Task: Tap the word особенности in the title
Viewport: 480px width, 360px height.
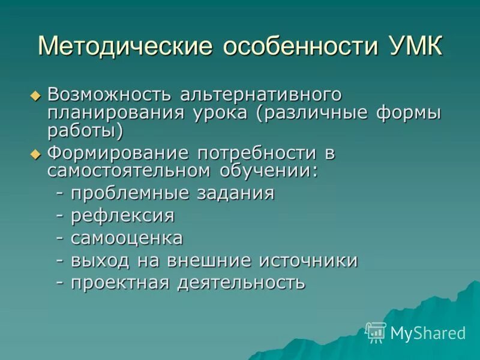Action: [x=298, y=46]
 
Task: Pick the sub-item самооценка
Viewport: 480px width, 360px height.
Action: [x=127, y=238]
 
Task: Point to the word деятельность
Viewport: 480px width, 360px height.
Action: [x=241, y=283]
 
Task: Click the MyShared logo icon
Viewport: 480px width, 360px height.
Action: [x=376, y=332]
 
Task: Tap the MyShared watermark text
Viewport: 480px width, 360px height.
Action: [x=428, y=333]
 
